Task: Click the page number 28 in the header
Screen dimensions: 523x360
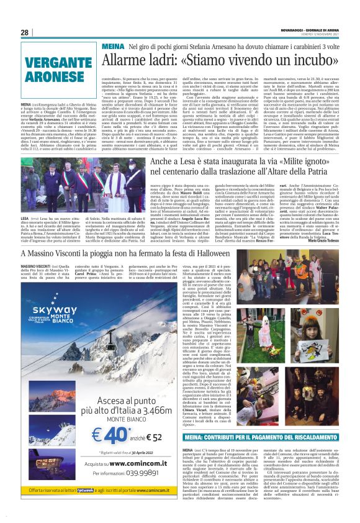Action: [x=24, y=32]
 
